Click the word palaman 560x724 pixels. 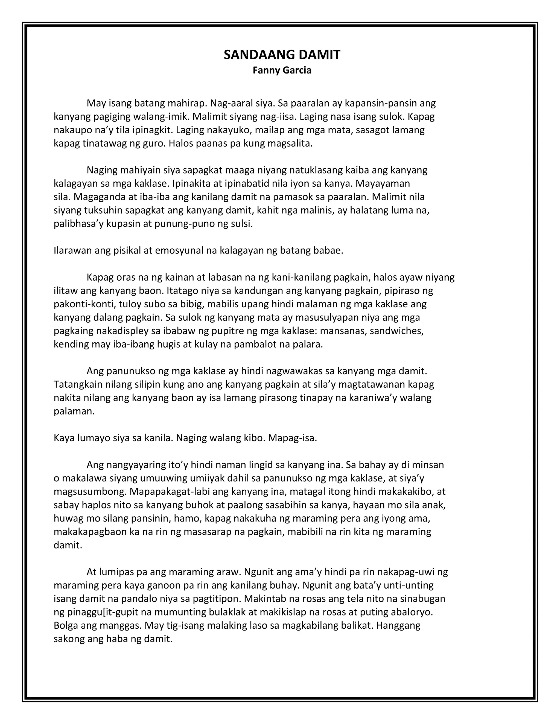pyautogui.click(x=74, y=412)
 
